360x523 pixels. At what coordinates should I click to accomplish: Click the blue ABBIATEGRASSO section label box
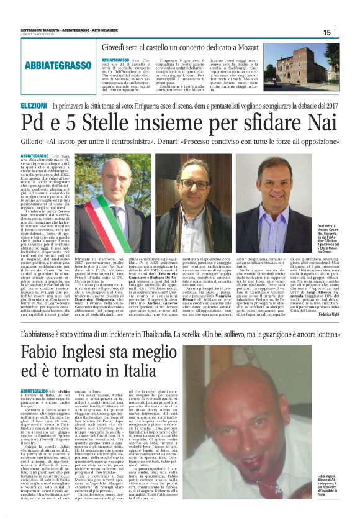[56, 66]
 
